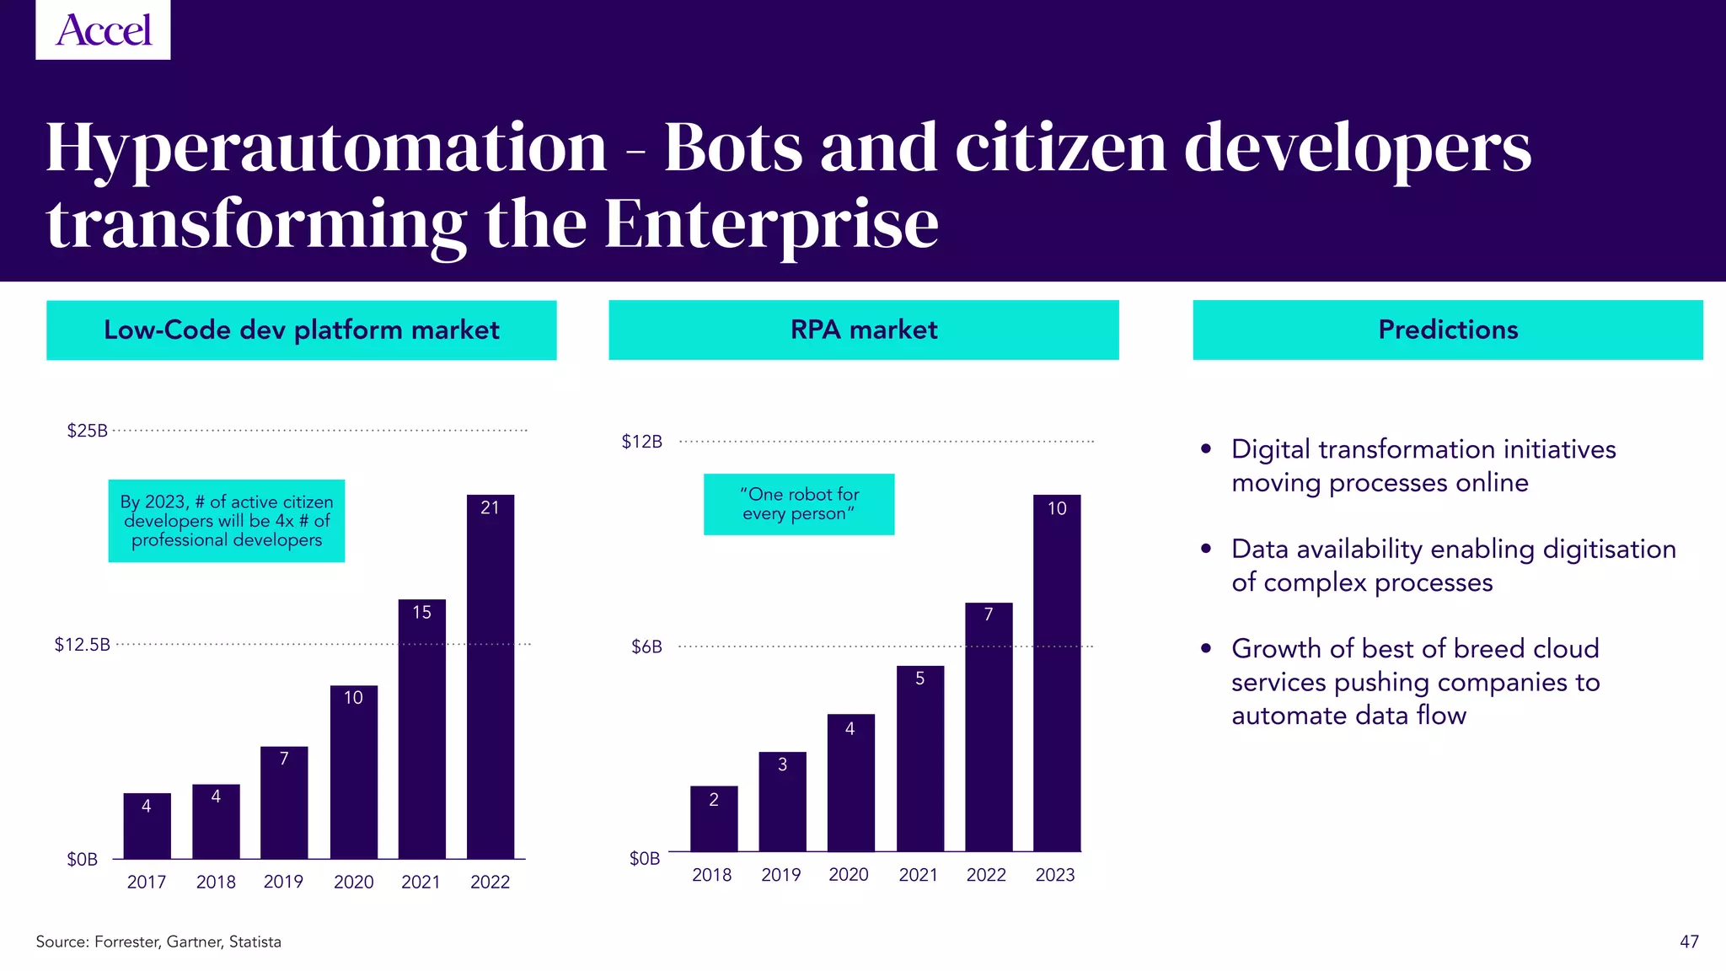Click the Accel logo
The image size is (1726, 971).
(x=103, y=30)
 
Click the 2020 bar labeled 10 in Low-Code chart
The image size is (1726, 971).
(x=353, y=771)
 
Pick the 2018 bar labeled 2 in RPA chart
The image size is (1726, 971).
(x=713, y=818)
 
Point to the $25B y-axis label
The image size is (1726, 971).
(x=88, y=431)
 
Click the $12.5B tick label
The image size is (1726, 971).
(x=83, y=645)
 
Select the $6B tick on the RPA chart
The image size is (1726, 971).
(x=646, y=646)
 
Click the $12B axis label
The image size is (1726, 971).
(x=642, y=442)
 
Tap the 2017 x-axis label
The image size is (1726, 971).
(x=147, y=882)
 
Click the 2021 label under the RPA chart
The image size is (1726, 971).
(x=918, y=875)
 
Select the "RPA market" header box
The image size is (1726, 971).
(x=863, y=330)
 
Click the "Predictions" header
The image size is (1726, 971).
(x=1447, y=330)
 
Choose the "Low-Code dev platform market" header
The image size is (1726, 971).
(x=301, y=330)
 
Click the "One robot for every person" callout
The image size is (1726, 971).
(x=798, y=504)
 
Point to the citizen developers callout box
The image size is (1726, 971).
(x=226, y=521)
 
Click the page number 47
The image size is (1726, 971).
(x=1689, y=941)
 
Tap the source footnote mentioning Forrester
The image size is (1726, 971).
(x=158, y=941)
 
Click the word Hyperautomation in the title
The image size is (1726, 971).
(x=326, y=148)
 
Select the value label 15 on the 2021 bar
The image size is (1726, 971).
(x=421, y=612)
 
